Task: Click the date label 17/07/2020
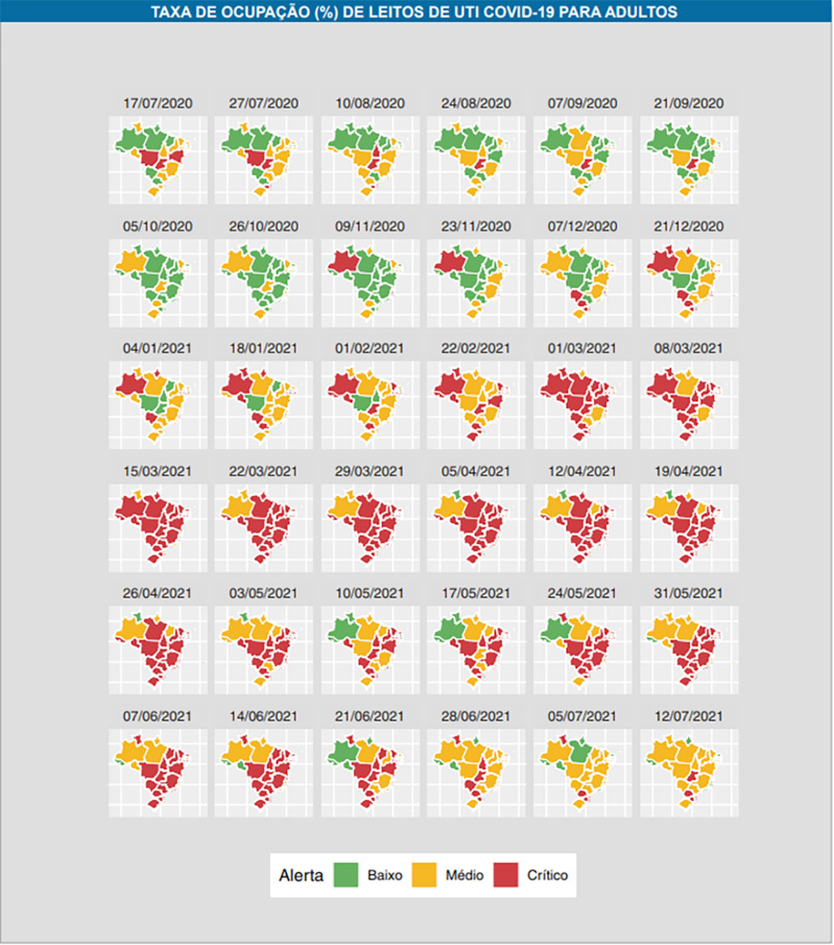point(158,103)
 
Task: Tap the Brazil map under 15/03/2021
point(153,526)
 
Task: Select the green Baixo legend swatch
point(346,875)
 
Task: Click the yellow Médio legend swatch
point(426,875)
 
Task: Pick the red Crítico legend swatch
point(506,875)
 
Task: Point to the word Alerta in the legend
point(301,875)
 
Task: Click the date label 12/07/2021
point(689,716)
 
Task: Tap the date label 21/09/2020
point(689,103)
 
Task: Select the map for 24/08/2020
point(473,159)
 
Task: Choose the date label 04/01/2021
point(158,348)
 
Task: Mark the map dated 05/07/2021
point(580,771)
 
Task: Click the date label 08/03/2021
point(689,348)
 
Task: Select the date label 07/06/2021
point(158,716)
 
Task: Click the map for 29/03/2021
point(367,526)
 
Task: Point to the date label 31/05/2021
point(689,593)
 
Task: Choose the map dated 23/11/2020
point(473,281)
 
